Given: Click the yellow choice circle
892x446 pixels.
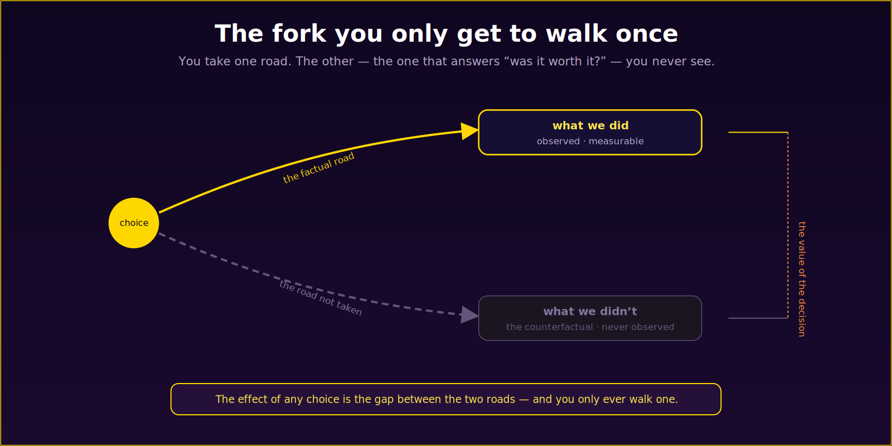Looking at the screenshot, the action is click(134, 223).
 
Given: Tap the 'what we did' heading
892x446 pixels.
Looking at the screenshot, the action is click(590, 126).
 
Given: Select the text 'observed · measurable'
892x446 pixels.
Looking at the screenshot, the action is click(590, 142).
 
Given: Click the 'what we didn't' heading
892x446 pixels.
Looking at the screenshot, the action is click(590, 312).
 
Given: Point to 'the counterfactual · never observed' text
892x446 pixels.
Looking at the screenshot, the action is click(590, 327).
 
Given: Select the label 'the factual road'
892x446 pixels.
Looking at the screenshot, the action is click(318, 168).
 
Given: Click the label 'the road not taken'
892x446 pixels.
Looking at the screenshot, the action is click(321, 298).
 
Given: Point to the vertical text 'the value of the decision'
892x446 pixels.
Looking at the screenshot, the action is click(802, 279).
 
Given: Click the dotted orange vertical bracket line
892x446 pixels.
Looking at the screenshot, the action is click(788, 225).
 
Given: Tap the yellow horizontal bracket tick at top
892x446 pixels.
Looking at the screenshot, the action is click(758, 132).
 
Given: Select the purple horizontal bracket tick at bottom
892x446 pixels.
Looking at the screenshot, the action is click(758, 318).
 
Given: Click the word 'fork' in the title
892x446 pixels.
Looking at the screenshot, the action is click(299, 33).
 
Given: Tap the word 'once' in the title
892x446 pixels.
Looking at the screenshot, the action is click(647, 34).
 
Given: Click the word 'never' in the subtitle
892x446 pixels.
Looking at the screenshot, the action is click(670, 62).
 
